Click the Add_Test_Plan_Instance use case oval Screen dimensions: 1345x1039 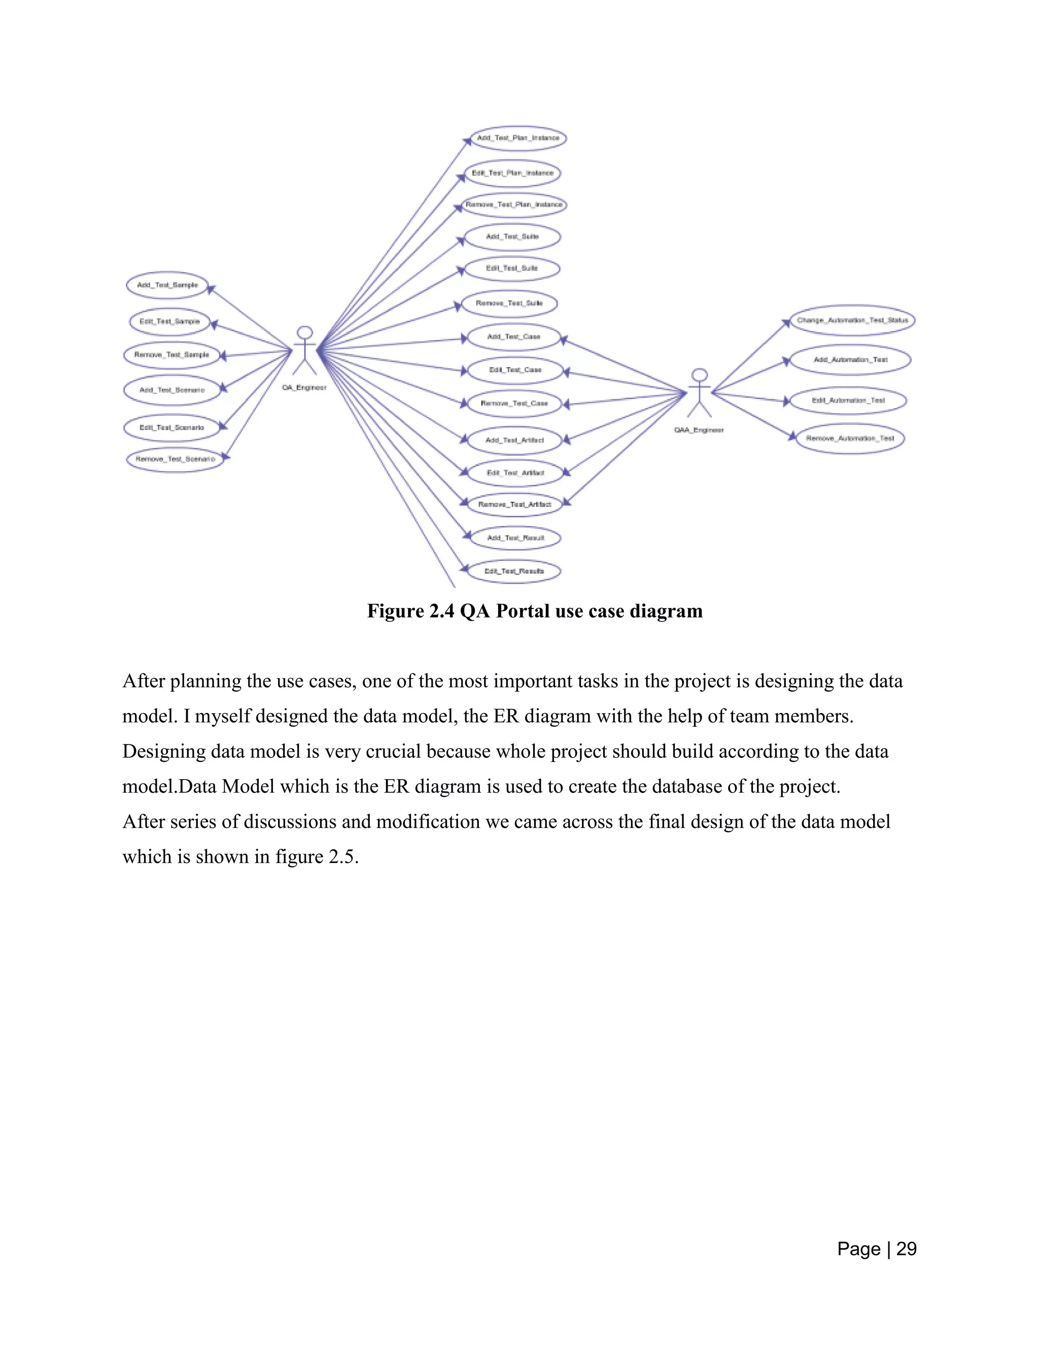click(517, 138)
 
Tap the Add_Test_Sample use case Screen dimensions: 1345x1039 click(167, 285)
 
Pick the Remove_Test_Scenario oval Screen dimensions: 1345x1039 click(176, 459)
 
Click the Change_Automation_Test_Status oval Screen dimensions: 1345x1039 click(852, 320)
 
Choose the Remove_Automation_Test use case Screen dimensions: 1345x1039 click(850, 439)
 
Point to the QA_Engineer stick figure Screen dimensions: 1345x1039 click(304, 351)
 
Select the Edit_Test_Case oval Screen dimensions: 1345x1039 click(515, 370)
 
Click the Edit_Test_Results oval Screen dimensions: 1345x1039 click(514, 571)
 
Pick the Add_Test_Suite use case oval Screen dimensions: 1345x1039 click(512, 237)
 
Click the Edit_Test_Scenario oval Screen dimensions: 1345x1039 click(172, 428)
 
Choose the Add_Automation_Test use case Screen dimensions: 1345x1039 click(850, 360)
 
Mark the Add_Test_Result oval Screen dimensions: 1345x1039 click(516, 538)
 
